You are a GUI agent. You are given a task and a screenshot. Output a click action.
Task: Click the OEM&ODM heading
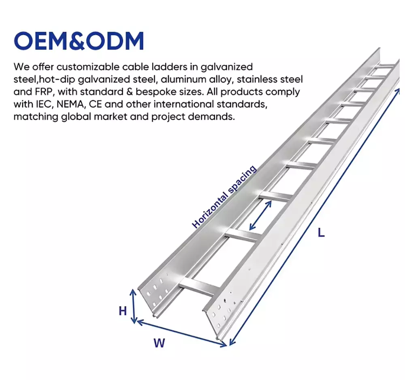pos(79,41)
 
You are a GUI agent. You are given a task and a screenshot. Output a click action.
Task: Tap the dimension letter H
pos(123,311)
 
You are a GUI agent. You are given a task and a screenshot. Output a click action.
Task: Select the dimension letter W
pos(159,343)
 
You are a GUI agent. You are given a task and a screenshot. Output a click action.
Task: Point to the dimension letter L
pos(321,233)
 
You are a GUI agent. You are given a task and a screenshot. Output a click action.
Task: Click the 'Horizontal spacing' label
pos(224,197)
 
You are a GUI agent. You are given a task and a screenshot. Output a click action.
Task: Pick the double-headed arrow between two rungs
pos(260,215)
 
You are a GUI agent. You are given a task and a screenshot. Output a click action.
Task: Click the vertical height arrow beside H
pos(133,306)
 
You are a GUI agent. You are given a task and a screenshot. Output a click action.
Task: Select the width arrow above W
pos(182,334)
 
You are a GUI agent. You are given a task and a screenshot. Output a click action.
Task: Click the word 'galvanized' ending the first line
pos(226,67)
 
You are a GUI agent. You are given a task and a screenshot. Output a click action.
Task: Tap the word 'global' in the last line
pos(76,117)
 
